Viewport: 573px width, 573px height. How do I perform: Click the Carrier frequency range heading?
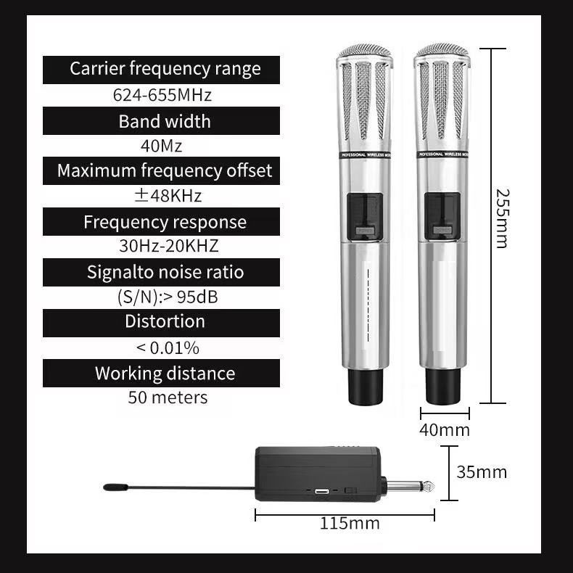coord(165,70)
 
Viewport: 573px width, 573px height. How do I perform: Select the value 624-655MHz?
coord(162,95)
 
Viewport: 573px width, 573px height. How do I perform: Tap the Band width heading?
coord(165,120)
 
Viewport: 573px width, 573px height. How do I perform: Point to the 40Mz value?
coord(161,145)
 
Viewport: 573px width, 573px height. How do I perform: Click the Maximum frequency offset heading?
coord(165,171)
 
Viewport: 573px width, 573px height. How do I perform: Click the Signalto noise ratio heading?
coord(165,272)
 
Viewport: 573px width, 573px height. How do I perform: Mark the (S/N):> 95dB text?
coord(165,297)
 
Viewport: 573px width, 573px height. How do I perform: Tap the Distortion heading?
coord(165,321)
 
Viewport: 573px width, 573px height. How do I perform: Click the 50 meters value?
coord(168,397)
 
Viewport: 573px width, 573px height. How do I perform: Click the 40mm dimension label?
coord(445,429)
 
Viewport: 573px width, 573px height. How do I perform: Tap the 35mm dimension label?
coord(482,472)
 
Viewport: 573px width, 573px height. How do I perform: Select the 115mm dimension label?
coord(350,523)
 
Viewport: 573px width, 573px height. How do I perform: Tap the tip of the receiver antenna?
coord(110,487)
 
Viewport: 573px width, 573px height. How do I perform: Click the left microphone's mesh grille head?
coord(364,91)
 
